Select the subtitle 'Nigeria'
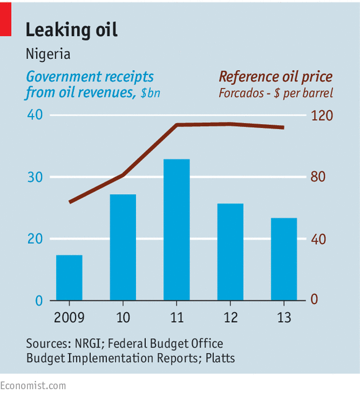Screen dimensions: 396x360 (48, 54)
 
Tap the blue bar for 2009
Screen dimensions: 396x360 (69, 277)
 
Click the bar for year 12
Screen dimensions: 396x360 (230, 251)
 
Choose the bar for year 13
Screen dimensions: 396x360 (284, 259)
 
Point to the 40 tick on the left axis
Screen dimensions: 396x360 (34, 115)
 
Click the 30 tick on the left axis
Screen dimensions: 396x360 (34, 178)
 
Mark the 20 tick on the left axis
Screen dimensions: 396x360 (34, 239)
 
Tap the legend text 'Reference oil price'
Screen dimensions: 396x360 (275, 77)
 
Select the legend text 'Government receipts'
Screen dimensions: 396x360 (89, 77)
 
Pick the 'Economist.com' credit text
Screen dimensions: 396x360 (33, 385)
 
